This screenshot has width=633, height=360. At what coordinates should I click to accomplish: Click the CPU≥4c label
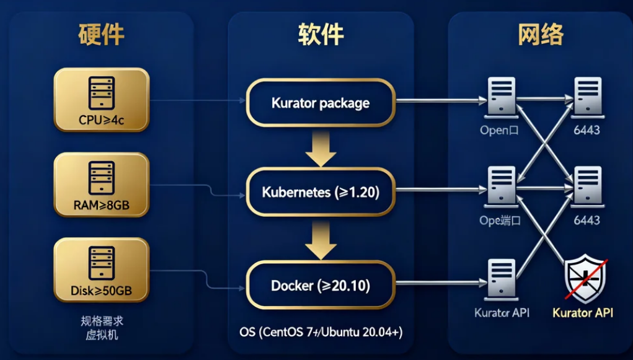[x=102, y=120]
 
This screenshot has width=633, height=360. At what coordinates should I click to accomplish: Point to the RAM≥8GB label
[x=102, y=206]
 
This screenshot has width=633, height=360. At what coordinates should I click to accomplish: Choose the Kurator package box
[x=321, y=103]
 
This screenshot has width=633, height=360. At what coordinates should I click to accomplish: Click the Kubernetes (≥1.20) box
[x=321, y=192]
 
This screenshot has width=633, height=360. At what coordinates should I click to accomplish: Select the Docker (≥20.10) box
[x=321, y=286]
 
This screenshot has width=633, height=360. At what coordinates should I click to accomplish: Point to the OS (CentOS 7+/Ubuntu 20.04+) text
[x=321, y=333]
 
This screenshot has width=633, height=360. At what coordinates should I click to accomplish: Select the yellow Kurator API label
[x=583, y=313]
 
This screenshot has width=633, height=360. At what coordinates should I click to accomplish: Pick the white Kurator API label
[x=502, y=313]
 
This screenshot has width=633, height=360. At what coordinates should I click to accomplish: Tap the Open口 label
[x=499, y=131]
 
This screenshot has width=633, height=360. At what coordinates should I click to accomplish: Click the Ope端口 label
[x=500, y=221]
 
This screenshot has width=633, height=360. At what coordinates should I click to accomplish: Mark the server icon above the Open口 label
[x=501, y=98]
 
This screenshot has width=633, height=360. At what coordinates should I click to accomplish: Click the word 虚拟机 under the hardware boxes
[x=102, y=335]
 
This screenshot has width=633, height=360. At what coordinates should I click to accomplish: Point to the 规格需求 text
[x=102, y=322]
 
